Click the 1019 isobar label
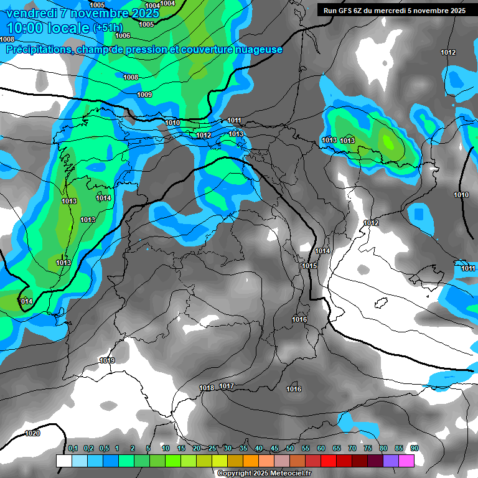pos(107,360)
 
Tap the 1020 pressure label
pos(32,433)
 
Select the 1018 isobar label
pos(207,388)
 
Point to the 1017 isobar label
pos(227,387)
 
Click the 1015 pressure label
pos(309,266)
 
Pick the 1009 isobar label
pos(144,95)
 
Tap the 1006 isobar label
pos(123,35)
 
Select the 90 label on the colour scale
pos(415,448)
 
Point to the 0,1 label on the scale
pos(72,448)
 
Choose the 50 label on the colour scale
pos(290,448)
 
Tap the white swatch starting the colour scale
pos(63,461)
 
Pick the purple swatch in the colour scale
pos(391,461)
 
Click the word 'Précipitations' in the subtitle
pos(38,50)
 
